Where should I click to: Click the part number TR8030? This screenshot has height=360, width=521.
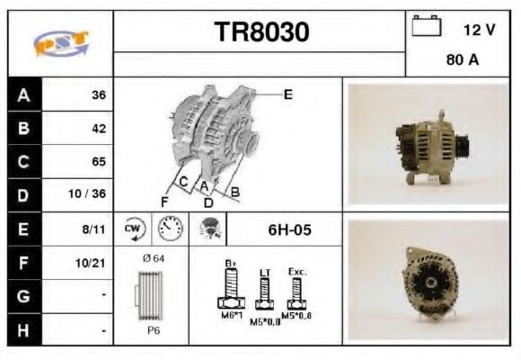(262, 33)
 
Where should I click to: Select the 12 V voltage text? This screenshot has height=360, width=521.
(479, 30)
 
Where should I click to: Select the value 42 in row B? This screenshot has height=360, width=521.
(99, 129)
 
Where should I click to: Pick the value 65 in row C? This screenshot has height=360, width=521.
(99, 162)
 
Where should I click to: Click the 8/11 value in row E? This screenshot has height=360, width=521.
(96, 229)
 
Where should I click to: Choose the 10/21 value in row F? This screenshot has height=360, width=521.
(94, 264)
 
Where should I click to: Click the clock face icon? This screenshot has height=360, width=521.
(168, 229)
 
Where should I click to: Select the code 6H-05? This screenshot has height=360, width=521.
(289, 229)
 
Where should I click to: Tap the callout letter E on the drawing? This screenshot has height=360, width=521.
(287, 94)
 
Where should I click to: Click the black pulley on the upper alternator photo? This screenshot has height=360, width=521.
(464, 144)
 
